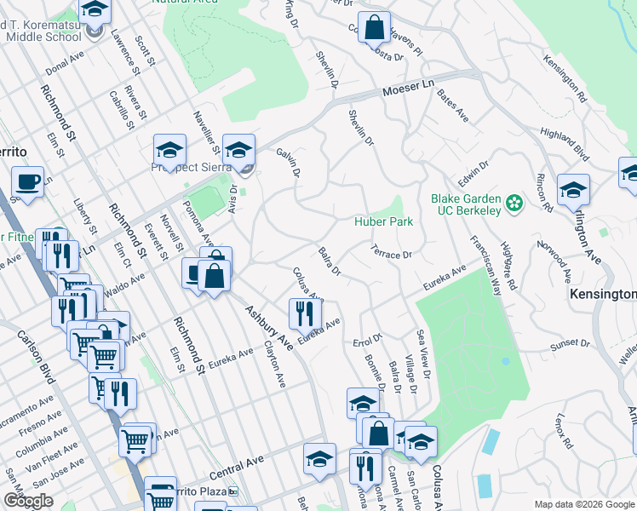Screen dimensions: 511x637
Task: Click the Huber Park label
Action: click(x=383, y=221)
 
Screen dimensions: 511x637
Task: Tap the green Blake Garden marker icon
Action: click(x=514, y=203)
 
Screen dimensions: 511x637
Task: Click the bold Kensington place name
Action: click(x=602, y=294)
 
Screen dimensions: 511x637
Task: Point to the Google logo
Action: click(x=27, y=501)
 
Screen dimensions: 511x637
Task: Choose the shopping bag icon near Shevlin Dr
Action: click(x=375, y=27)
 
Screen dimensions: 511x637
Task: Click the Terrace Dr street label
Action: click(x=392, y=253)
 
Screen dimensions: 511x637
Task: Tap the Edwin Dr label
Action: click(x=473, y=175)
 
